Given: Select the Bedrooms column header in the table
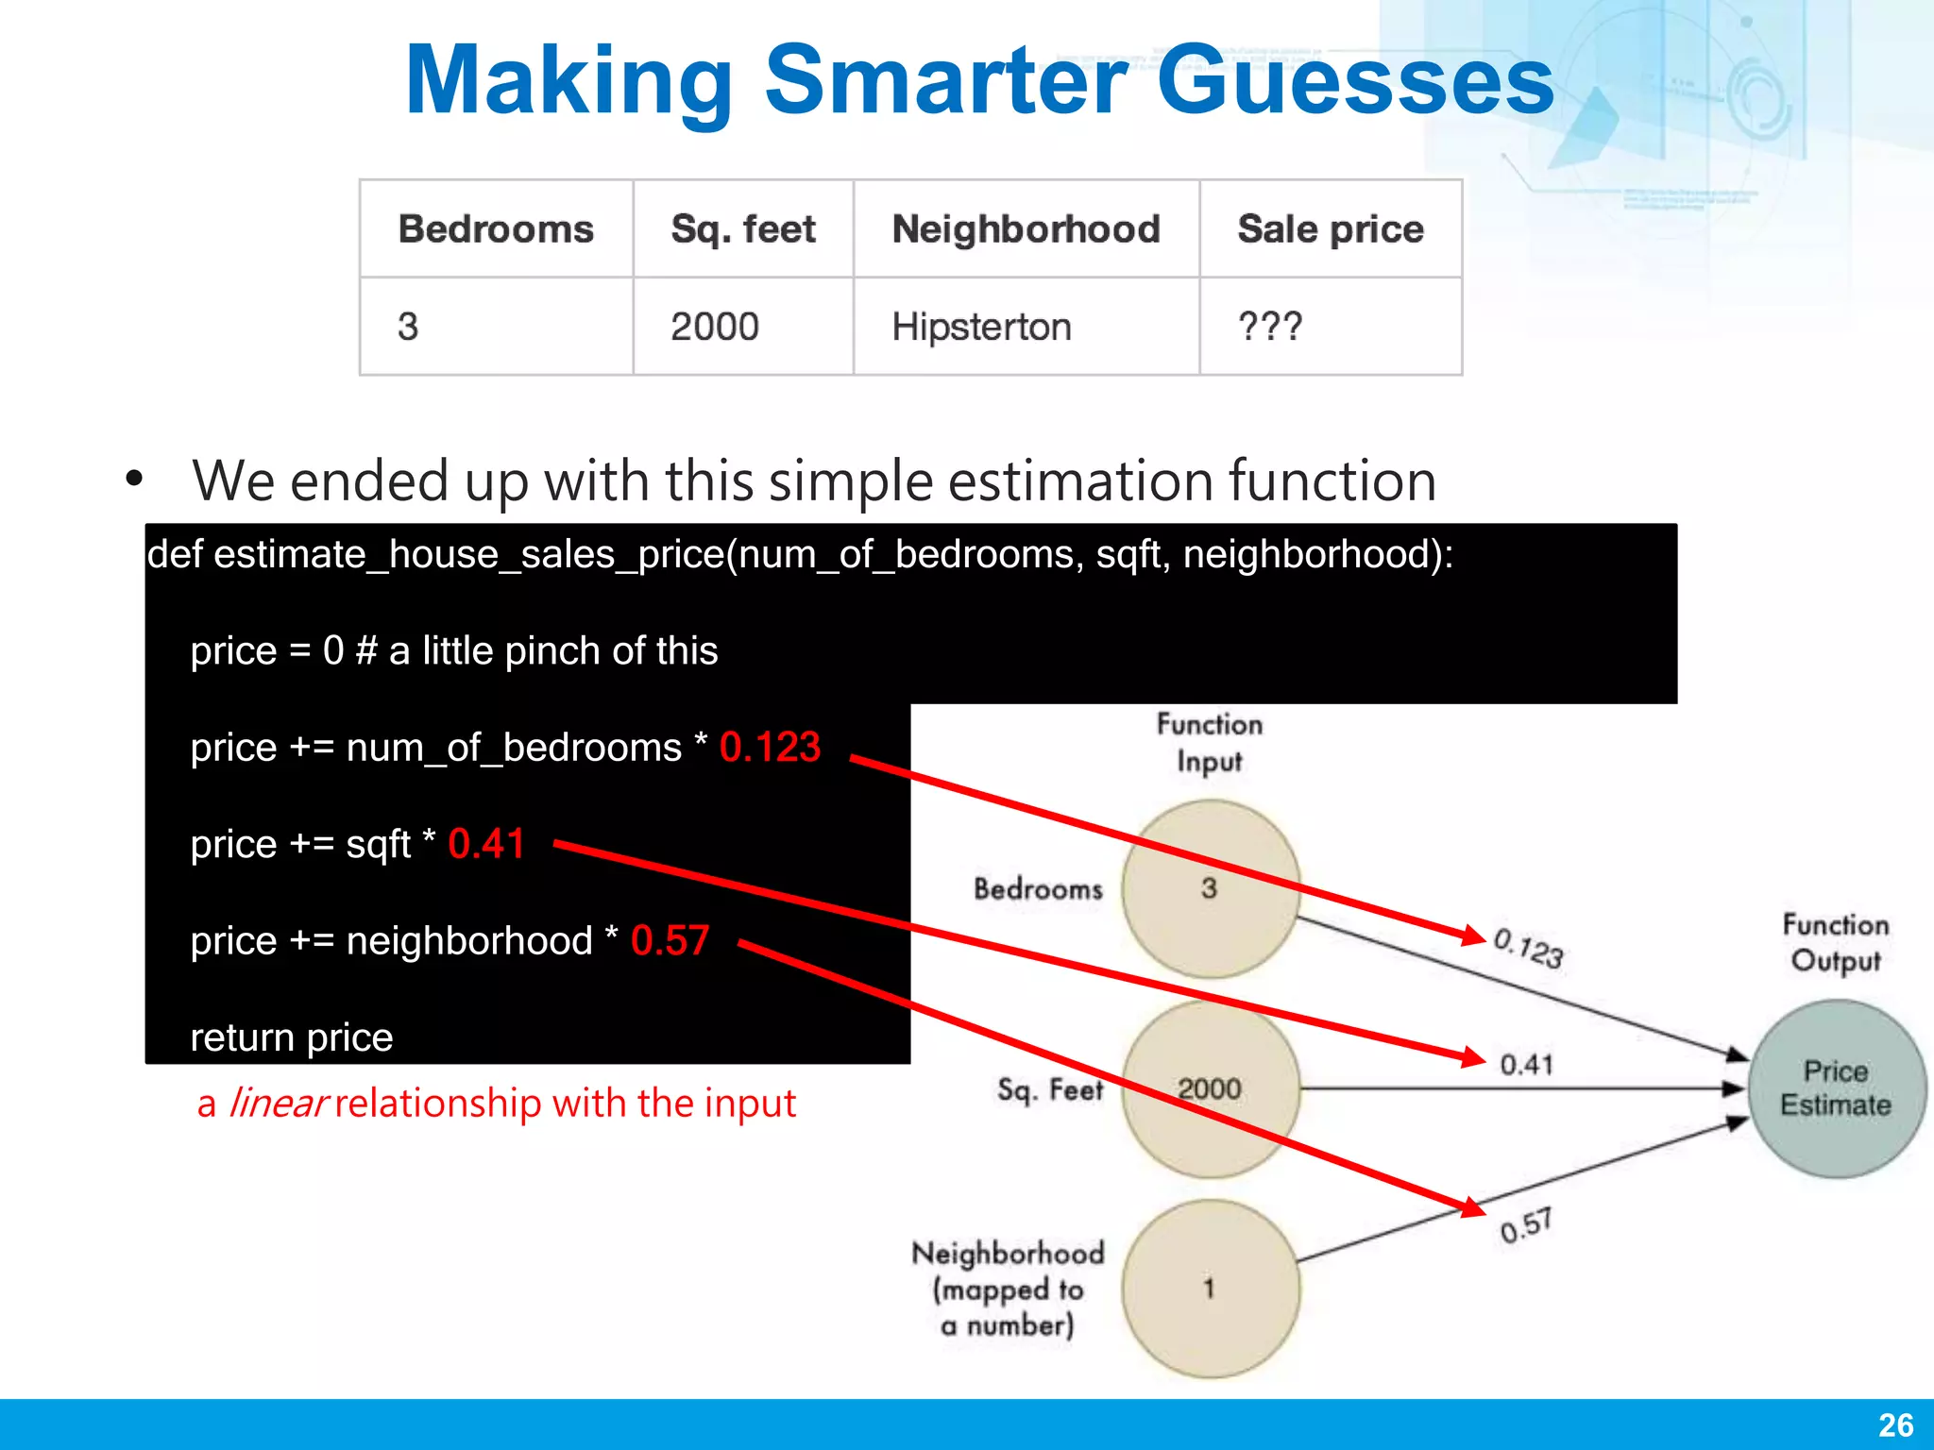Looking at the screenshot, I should (x=496, y=229).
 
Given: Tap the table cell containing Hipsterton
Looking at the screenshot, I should (x=981, y=327).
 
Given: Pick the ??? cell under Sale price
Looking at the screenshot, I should (x=1270, y=327).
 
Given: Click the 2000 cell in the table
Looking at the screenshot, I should (x=715, y=327).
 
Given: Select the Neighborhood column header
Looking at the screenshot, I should (x=1026, y=229).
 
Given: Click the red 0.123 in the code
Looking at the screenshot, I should (x=770, y=747).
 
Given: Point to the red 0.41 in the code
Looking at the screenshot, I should (x=485, y=843).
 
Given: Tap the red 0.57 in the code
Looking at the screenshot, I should (x=670, y=940).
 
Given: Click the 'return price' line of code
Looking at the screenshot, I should (x=292, y=1037).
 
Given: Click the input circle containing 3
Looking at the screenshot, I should (x=1211, y=888).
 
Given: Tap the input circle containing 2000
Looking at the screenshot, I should (x=1211, y=1088).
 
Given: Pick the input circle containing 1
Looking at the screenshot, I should (x=1211, y=1289).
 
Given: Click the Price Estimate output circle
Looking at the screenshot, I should (x=1836, y=1088).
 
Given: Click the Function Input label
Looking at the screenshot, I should (x=1210, y=743).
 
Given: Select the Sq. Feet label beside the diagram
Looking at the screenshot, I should (x=1050, y=1090).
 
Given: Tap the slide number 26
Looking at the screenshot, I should (x=1895, y=1425).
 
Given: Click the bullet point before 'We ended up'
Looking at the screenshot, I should (x=134, y=479).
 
